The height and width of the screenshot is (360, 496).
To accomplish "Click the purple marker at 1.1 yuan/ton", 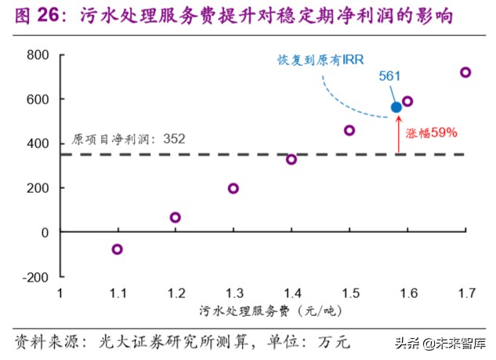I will [x=118, y=249].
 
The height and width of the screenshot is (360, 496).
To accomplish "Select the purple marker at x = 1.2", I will [x=176, y=217].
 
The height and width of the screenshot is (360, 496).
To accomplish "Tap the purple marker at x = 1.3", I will [x=234, y=188].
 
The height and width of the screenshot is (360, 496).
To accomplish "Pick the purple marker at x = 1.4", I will [x=291, y=159].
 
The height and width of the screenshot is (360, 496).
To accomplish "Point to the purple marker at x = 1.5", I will [x=349, y=130].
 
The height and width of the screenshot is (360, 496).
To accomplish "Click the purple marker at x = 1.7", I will [x=465, y=72].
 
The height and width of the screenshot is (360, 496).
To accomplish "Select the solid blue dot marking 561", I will [x=396, y=107].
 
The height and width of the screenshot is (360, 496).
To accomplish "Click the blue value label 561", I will [x=390, y=76].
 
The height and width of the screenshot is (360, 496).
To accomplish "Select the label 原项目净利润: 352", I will [x=129, y=139].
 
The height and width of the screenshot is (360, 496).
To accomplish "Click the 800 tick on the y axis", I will [x=38, y=55].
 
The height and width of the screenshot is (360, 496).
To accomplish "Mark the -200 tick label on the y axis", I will [x=35, y=277].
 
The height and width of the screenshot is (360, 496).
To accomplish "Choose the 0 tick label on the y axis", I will [x=44, y=233].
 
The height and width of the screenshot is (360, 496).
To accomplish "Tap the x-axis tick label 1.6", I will [x=407, y=293].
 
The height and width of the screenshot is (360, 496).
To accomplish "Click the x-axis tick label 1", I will [x=60, y=293].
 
